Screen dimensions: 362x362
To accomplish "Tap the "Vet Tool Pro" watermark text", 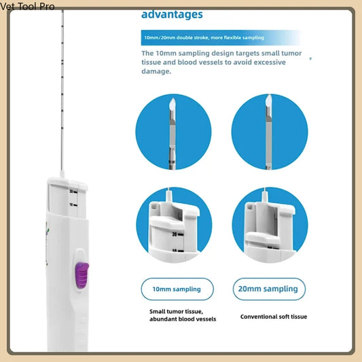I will click(x=27, y=6).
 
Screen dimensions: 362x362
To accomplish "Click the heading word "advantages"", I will click(x=172, y=14).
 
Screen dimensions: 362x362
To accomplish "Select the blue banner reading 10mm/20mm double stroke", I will click(x=204, y=37).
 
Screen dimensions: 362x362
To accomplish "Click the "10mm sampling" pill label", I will click(x=177, y=289).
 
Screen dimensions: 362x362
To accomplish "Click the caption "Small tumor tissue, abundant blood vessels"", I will click(x=182, y=315).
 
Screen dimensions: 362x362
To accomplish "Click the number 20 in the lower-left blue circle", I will click(x=175, y=234).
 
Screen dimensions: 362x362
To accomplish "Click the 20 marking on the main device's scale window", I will click(x=71, y=192).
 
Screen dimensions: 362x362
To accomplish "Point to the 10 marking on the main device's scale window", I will click(x=71, y=204).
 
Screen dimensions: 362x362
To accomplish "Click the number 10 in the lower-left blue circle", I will click(x=175, y=250).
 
